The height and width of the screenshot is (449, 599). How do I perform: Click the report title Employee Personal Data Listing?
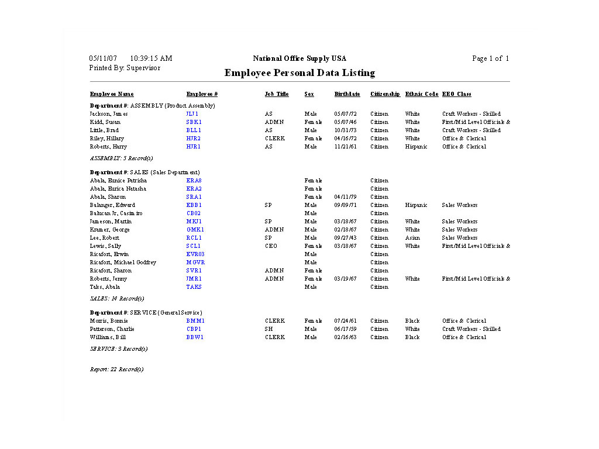[x=299, y=73]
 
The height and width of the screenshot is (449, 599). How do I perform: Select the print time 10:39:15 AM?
[x=151, y=58]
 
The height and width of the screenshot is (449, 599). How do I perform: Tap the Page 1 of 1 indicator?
[x=490, y=58]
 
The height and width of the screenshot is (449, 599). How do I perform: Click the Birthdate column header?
[x=347, y=94]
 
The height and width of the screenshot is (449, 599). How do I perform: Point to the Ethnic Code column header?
[x=421, y=94]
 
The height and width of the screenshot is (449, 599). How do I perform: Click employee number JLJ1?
[x=192, y=114]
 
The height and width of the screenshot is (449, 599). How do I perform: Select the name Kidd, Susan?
[x=105, y=122]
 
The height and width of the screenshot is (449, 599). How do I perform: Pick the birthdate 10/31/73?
[x=345, y=130]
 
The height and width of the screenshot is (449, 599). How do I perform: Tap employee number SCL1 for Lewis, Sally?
[x=194, y=246]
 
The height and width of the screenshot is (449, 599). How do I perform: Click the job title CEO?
[x=271, y=246]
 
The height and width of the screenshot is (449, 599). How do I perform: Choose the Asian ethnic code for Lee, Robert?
[x=412, y=238]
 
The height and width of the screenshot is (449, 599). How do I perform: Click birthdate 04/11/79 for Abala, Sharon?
[x=345, y=197]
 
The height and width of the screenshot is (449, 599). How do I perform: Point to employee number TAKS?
[x=194, y=287]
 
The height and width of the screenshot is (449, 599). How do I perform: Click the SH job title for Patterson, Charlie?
[x=268, y=329]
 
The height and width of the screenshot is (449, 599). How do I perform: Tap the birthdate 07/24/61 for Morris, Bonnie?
[x=345, y=321]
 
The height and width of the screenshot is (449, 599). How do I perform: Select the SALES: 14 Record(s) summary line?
[x=117, y=299]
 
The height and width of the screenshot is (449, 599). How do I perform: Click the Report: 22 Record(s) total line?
[x=117, y=369]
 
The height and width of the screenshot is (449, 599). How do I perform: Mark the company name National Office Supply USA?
[x=299, y=58]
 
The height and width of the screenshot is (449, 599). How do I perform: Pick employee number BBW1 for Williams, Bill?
[x=195, y=337]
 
